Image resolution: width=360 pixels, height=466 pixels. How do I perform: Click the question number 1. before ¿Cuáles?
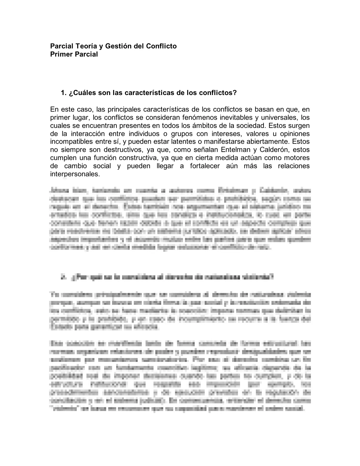63,93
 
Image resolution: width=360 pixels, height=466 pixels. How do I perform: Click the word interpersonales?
75,174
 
